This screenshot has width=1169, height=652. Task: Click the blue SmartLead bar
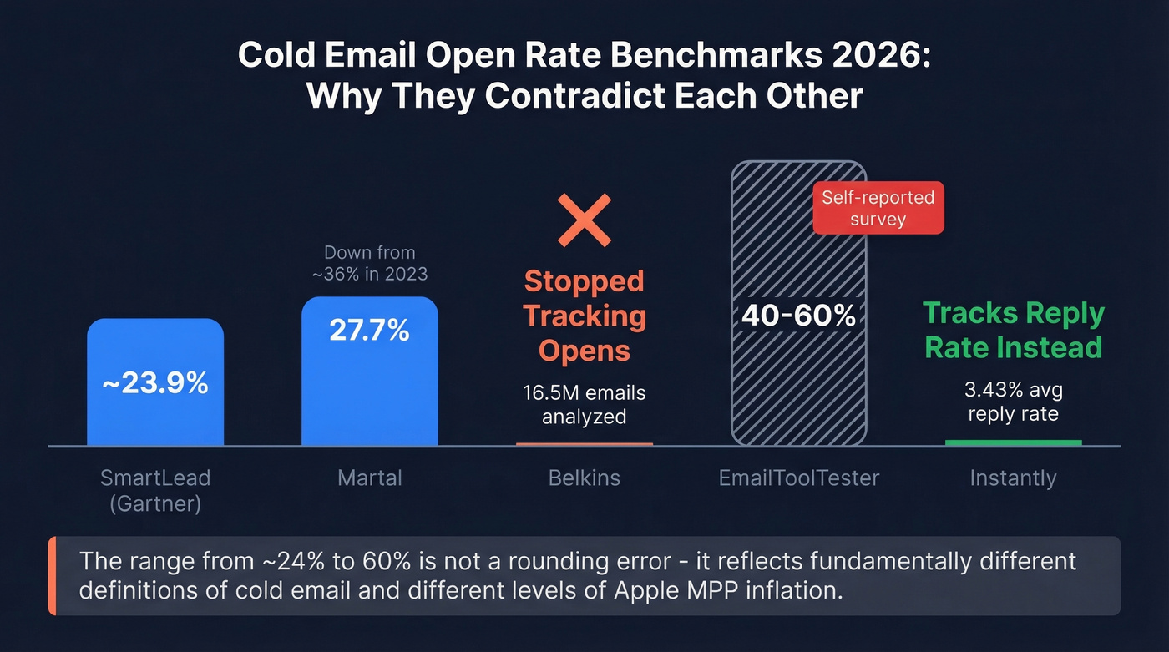tap(155, 417)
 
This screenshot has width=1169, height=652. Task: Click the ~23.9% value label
tap(155, 383)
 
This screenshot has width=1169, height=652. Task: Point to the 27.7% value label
tap(369, 330)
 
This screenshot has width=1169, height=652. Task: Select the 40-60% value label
tap(799, 316)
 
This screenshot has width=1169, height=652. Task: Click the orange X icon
tap(584, 220)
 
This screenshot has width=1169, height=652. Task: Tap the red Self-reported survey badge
tap(878, 208)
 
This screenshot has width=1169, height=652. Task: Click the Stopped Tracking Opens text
tap(584, 316)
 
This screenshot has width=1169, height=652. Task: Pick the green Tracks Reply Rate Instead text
tap(1014, 331)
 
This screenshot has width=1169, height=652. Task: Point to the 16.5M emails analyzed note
tap(584, 403)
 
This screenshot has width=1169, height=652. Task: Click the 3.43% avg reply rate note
tap(1014, 402)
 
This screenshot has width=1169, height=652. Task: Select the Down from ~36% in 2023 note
tap(369, 263)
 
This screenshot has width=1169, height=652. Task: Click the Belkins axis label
tap(584, 478)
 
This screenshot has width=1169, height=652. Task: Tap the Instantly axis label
tap(1014, 478)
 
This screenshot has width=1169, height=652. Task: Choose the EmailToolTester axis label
tap(799, 478)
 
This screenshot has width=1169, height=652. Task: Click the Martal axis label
tap(369, 478)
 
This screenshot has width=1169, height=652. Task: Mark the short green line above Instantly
tap(1014, 442)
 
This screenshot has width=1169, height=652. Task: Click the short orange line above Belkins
tap(584, 444)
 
